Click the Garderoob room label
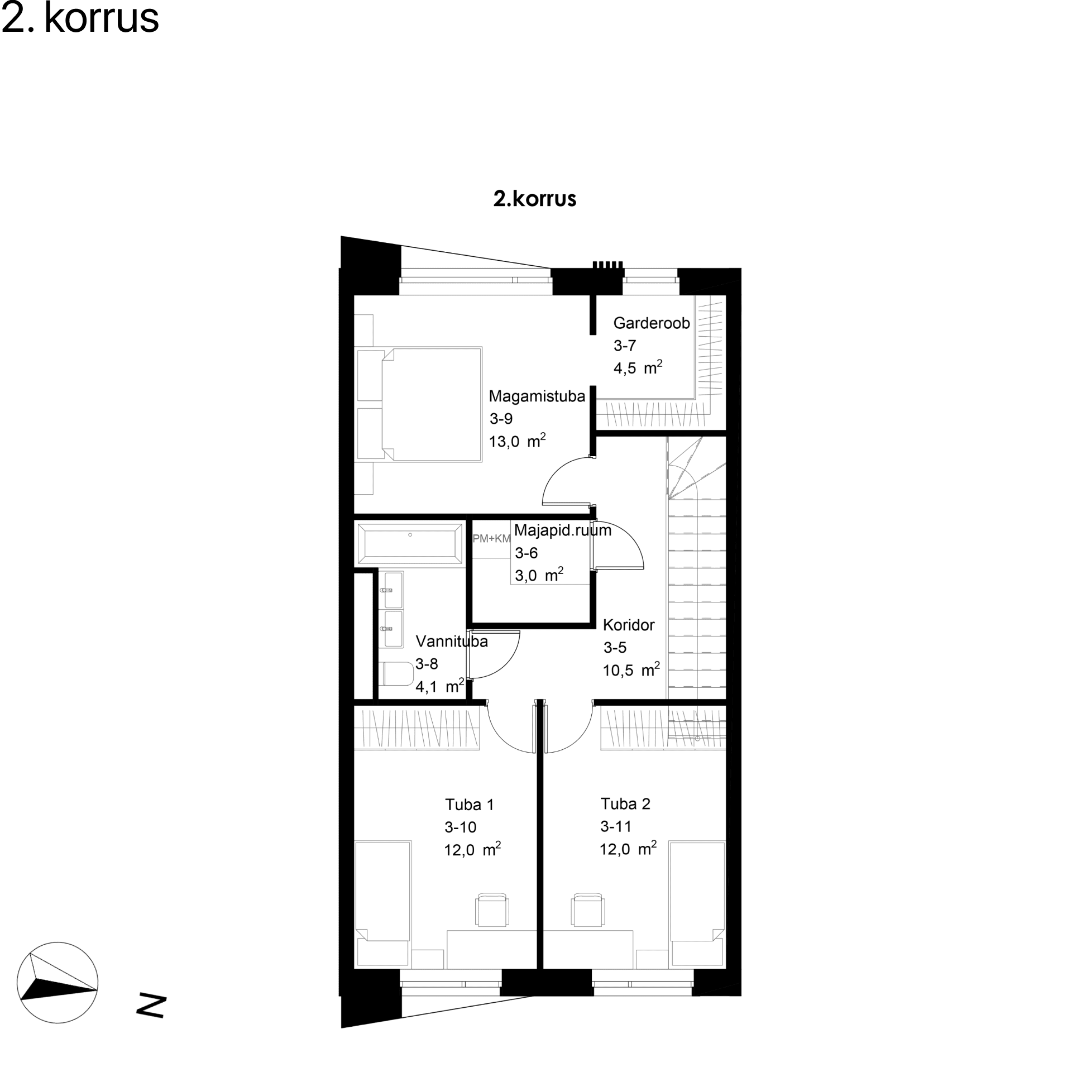pyautogui.click(x=651, y=323)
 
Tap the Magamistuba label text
pyautogui.click(x=537, y=396)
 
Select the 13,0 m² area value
pyautogui.click(x=517, y=441)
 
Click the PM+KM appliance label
pyautogui.click(x=491, y=538)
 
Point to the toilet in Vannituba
pyautogui.click(x=396, y=673)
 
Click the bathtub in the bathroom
pyautogui.click(x=410, y=543)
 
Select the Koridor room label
pyautogui.click(x=628, y=625)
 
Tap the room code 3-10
pyautogui.click(x=460, y=827)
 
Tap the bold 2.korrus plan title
pyautogui.click(x=534, y=199)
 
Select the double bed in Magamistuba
pyautogui.click(x=419, y=404)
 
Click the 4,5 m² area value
pyautogui.click(x=638, y=367)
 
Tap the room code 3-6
pyautogui.click(x=526, y=553)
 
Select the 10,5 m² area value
pyautogui.click(x=631, y=669)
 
